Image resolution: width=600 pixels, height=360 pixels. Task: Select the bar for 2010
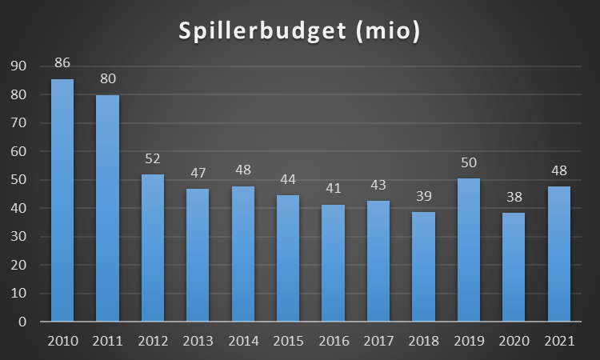coord(62,200)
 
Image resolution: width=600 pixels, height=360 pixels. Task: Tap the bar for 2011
coord(108,208)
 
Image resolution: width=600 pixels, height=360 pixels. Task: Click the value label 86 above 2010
coord(62,62)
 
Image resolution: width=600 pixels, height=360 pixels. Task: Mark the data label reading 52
coord(153,158)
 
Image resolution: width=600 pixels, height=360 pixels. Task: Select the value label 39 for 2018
coord(422,195)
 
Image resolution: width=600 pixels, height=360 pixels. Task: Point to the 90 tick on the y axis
coord(20,66)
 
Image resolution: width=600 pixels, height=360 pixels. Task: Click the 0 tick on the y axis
coord(24,322)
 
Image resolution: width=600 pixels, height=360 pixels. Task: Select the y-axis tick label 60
coord(20,151)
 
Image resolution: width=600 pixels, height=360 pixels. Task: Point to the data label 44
coord(288,178)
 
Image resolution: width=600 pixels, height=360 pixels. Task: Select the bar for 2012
coord(153,248)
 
